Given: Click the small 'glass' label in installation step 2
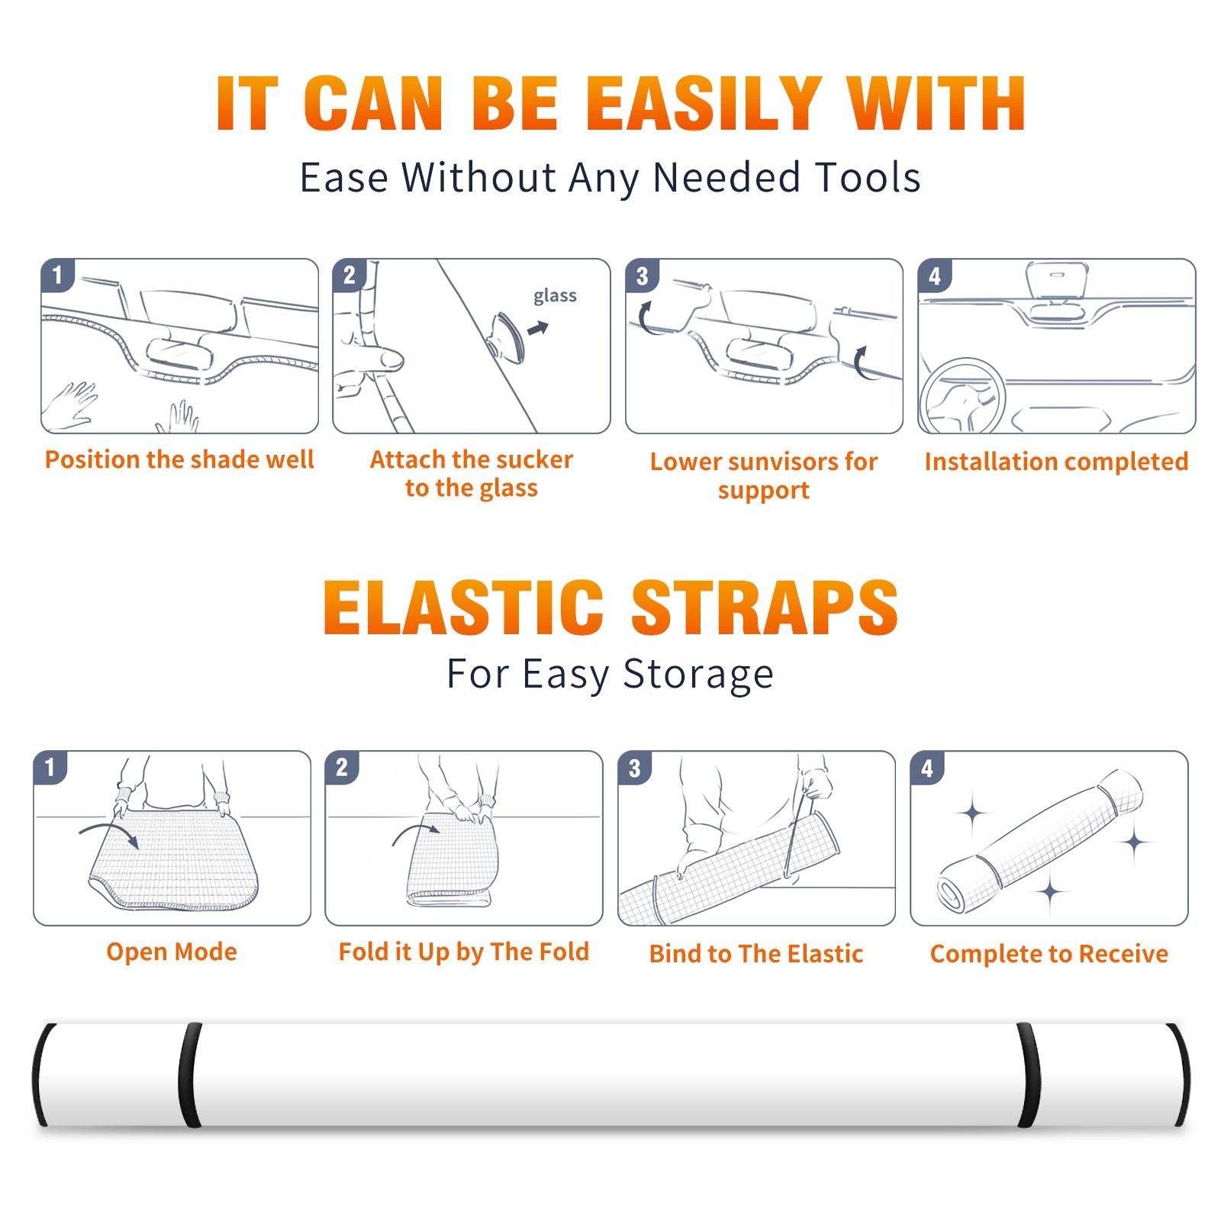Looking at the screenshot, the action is coord(555,296).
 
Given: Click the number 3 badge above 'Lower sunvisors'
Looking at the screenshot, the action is coord(642,275).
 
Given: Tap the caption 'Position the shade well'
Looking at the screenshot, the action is coord(179,459).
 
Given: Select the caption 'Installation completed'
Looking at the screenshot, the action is coord(1056,462).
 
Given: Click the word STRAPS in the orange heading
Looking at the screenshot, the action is coord(765,607).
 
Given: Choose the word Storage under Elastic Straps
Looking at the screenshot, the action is coord(698,675).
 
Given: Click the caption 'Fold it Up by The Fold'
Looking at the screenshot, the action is coord(464,952).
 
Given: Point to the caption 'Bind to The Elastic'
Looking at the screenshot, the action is coord(756,954).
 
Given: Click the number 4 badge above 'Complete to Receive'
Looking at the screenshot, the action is coord(927,768).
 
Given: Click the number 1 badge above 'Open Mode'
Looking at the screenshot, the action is coord(50,767).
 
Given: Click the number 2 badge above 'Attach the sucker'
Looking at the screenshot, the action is coord(350,275).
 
